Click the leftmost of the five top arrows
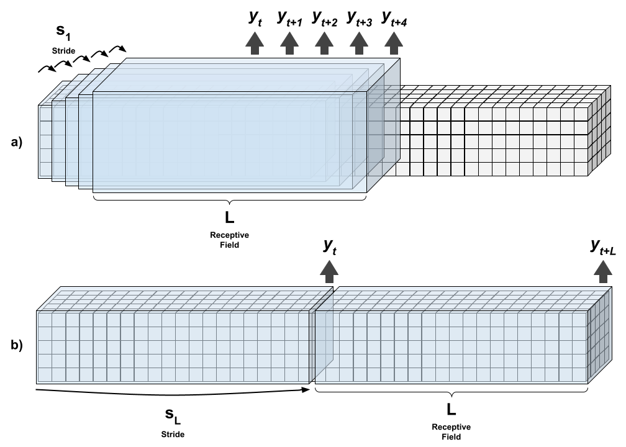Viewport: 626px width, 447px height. [x=255, y=43]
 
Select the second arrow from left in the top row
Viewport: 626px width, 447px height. [x=289, y=43]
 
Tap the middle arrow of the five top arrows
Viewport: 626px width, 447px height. [x=324, y=43]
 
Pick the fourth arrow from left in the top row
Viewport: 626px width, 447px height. [x=359, y=43]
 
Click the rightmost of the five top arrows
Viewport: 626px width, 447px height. [x=394, y=43]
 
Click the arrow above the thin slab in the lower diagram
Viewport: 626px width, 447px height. [x=329, y=271]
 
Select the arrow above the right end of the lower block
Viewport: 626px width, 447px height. [x=603, y=271]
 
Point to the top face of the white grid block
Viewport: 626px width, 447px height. [x=497, y=96]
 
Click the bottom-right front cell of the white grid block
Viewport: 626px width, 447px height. [x=581, y=169]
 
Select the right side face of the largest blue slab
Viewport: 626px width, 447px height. [x=383, y=124]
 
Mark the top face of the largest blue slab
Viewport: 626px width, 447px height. [x=248, y=74]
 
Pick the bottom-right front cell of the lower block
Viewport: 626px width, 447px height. [x=580, y=375]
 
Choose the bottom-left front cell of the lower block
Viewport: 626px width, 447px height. [x=45, y=375]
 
